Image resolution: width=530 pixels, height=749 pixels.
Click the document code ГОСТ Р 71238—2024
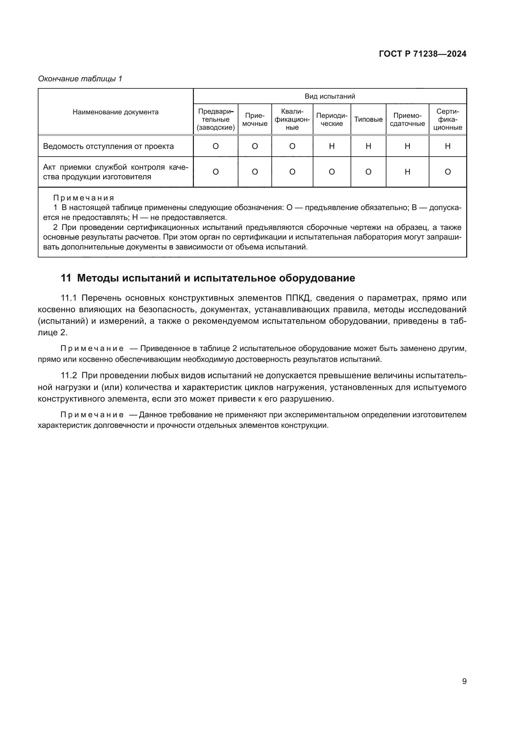click(x=422, y=54)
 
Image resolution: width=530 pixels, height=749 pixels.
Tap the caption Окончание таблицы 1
click(x=80, y=79)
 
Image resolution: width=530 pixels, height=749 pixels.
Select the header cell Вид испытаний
click(x=330, y=96)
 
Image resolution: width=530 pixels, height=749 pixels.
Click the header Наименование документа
click(x=115, y=112)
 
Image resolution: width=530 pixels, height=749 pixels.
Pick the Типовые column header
click(x=368, y=119)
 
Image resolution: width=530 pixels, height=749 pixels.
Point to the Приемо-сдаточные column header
click(x=407, y=119)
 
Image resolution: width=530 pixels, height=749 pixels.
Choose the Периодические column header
click(x=332, y=119)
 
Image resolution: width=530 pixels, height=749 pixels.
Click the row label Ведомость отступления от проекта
click(x=108, y=146)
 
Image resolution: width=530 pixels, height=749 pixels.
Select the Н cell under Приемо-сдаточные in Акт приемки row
click(x=407, y=172)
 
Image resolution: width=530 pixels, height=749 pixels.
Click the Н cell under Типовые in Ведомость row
click(x=368, y=146)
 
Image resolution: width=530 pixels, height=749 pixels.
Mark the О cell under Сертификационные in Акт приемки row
click(x=447, y=172)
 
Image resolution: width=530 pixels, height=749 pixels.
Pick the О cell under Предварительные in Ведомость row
click(x=215, y=146)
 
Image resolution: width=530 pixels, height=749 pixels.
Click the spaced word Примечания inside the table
click(x=84, y=198)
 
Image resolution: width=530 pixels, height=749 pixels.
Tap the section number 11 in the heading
click(x=66, y=278)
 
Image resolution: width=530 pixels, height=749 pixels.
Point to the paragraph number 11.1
click(x=69, y=298)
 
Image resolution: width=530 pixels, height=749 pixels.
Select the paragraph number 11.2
click(x=69, y=376)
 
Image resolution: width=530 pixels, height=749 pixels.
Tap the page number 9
click(x=464, y=681)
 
